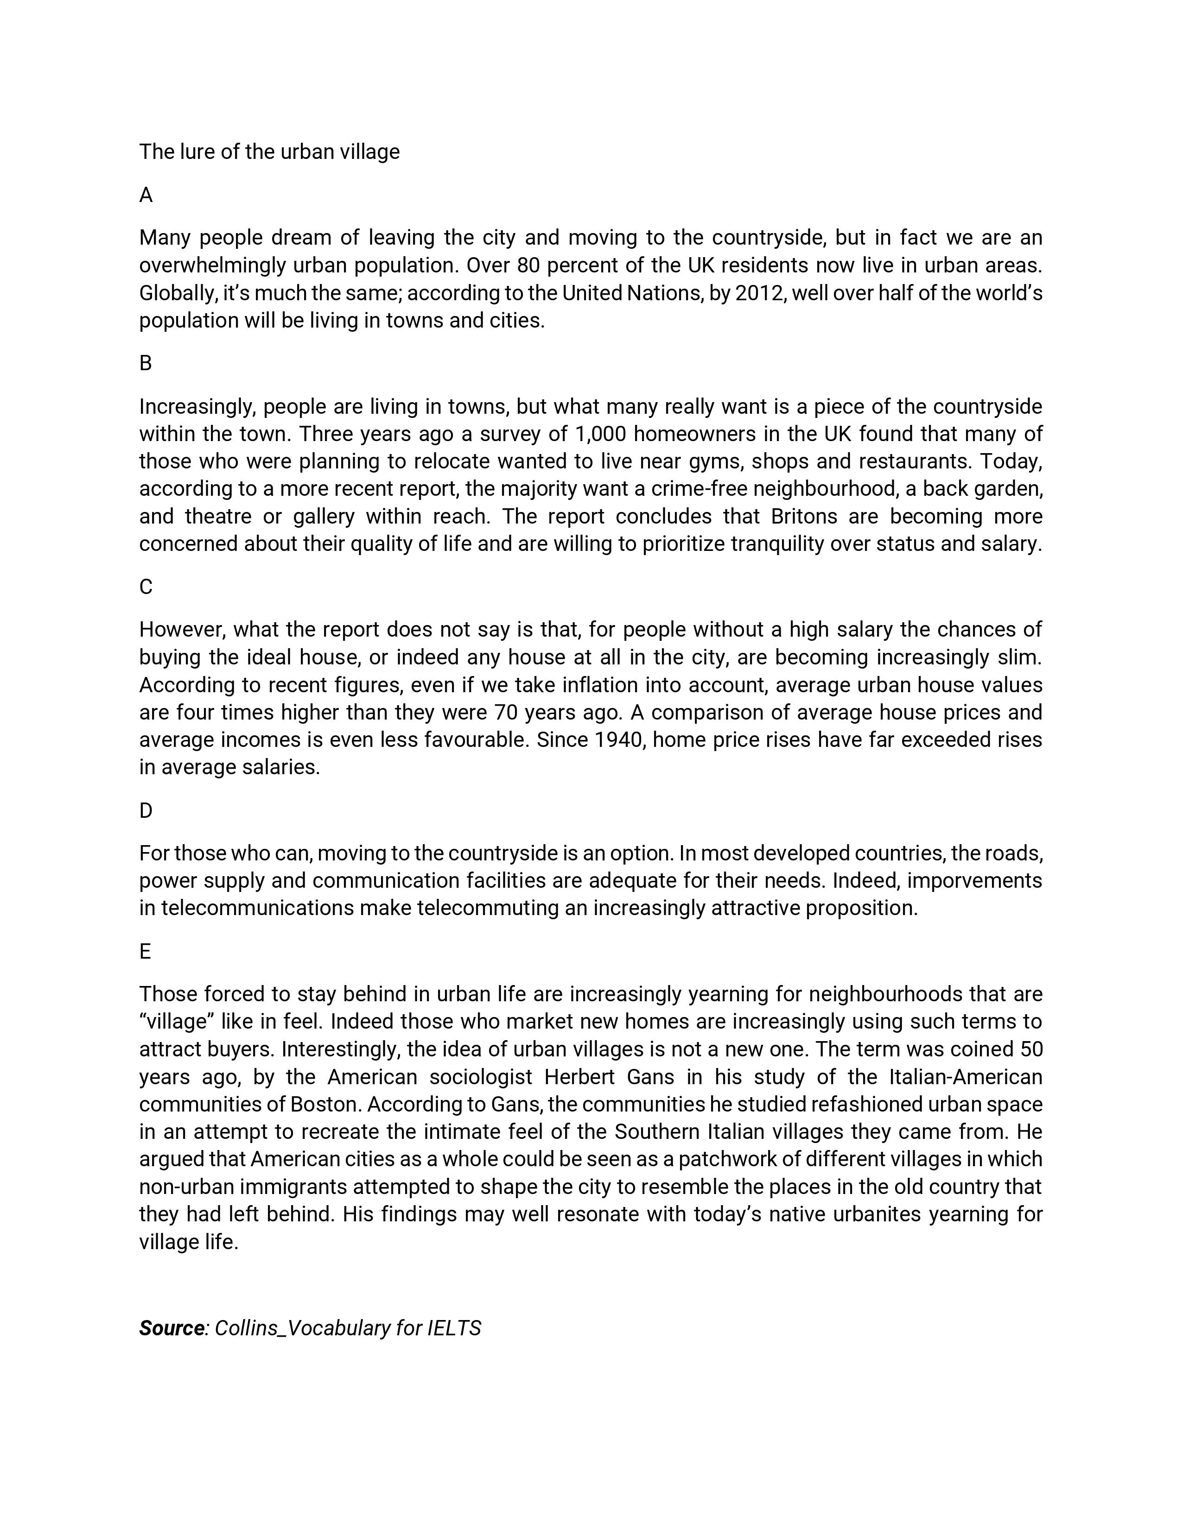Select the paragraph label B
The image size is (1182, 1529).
pos(146,363)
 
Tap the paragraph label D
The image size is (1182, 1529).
pos(146,811)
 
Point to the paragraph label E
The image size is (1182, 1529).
pos(145,951)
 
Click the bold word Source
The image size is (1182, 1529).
pos(171,1328)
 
